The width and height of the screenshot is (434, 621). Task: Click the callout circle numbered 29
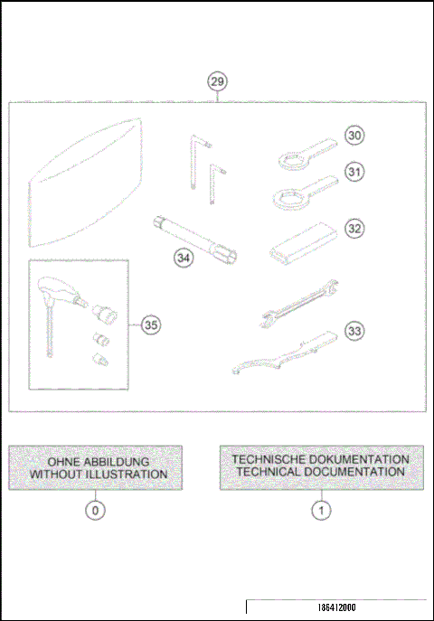click(217, 82)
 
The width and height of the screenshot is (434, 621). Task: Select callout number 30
click(355, 135)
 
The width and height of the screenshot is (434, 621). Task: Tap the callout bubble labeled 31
click(355, 171)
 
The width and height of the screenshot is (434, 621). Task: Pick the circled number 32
click(355, 229)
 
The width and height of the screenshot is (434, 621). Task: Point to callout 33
click(355, 332)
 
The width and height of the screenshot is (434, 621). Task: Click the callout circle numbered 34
click(184, 258)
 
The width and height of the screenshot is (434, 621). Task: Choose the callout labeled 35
click(150, 324)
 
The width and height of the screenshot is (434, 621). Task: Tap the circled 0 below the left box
click(95, 510)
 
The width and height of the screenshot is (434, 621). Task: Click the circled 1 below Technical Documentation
click(321, 510)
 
